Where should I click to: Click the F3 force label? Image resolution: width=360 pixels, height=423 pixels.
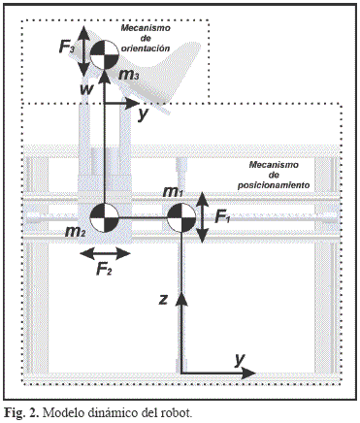point(67,48)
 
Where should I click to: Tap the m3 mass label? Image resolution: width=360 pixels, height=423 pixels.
point(129,76)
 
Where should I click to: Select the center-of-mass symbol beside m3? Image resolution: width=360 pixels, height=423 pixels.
point(104,55)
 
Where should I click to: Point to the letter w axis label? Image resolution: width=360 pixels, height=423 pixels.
point(86,89)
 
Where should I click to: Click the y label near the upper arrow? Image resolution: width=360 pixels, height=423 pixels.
point(142,114)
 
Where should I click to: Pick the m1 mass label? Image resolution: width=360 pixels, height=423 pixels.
point(173,192)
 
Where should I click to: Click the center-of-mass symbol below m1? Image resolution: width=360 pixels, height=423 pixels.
point(181,217)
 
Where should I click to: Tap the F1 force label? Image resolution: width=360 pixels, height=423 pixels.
point(222,217)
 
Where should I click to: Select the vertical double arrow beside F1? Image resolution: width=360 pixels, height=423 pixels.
point(203,217)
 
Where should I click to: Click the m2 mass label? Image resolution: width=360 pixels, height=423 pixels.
point(76,232)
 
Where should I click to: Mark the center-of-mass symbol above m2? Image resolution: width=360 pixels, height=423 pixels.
point(104,217)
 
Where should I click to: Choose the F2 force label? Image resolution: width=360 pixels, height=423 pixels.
point(104,269)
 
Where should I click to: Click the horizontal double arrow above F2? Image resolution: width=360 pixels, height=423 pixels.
point(105,254)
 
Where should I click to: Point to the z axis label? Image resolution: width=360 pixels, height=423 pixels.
point(164,300)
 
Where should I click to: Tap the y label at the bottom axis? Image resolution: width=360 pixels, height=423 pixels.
point(240,360)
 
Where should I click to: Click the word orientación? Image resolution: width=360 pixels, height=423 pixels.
point(146,49)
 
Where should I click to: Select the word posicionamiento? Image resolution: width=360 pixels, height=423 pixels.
point(274,185)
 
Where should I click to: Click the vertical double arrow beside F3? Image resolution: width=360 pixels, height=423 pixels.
point(84,49)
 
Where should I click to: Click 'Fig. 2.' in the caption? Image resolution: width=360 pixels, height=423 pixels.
point(21,413)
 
